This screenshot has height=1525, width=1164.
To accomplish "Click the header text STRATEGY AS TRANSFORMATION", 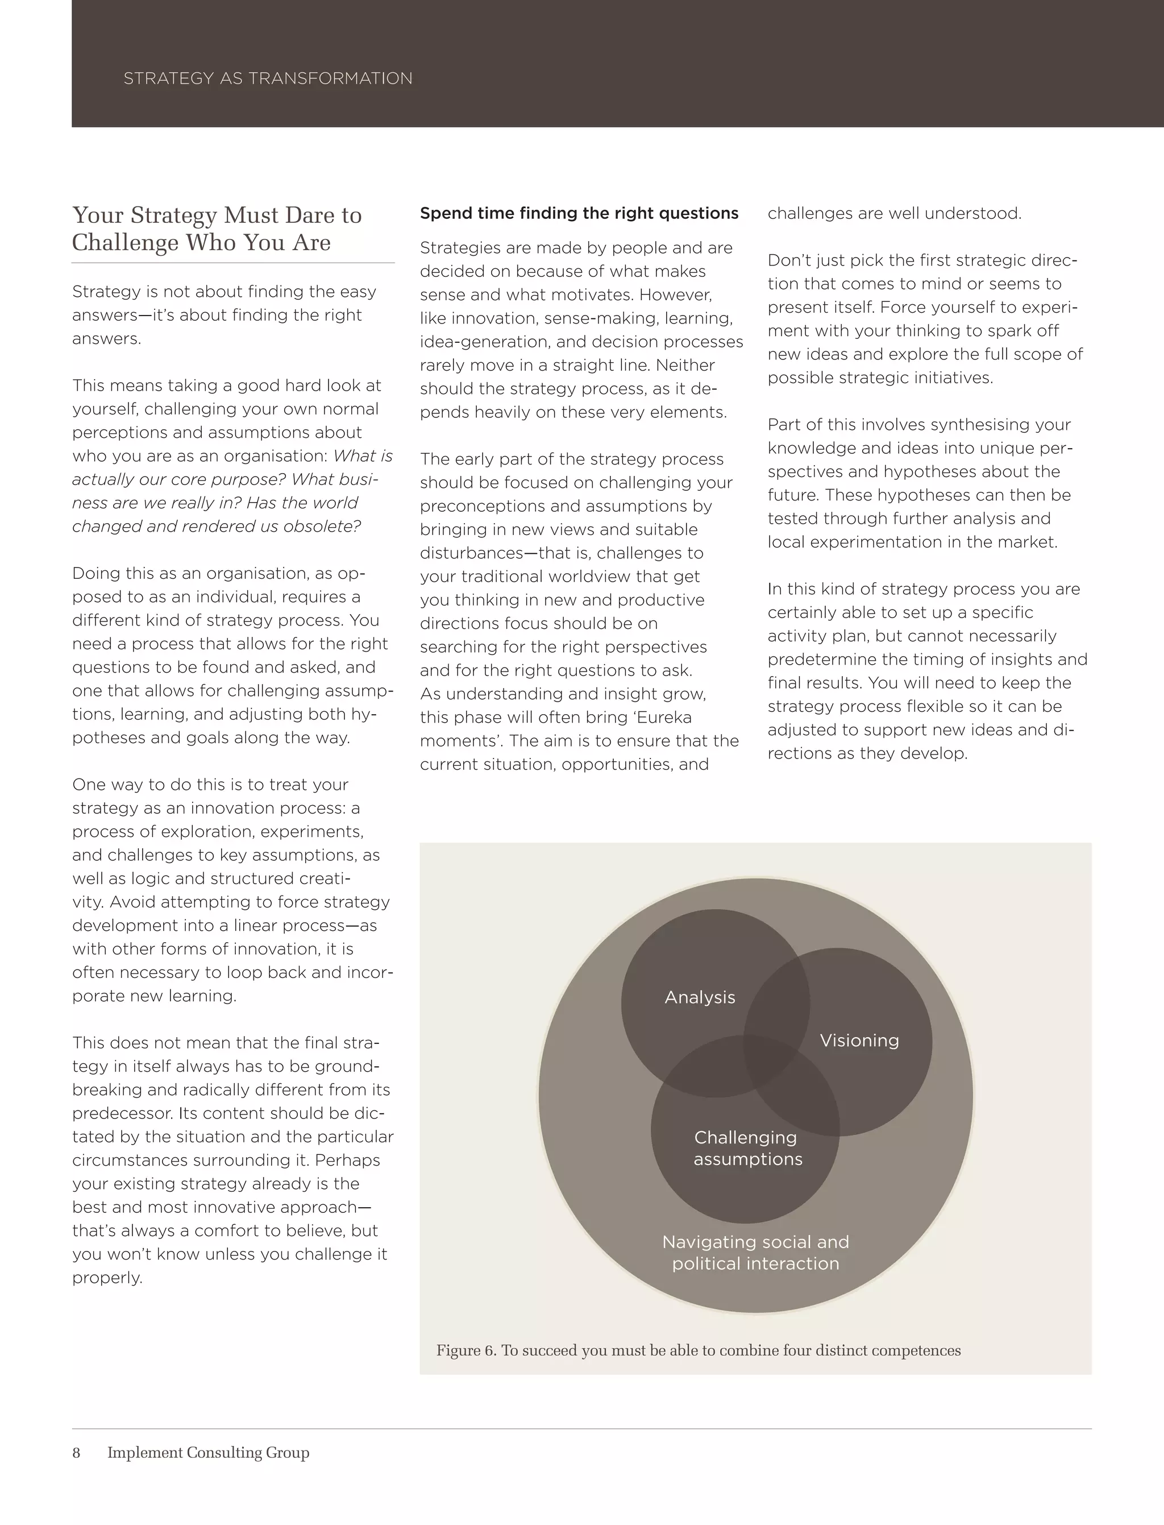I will tap(268, 78).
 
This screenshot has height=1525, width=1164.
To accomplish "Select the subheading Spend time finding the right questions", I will tap(579, 213).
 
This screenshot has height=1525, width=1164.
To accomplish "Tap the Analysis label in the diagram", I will tap(700, 997).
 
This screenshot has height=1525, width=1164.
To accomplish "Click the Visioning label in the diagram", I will tap(859, 1041).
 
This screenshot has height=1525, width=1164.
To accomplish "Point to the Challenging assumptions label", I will tap(747, 1148).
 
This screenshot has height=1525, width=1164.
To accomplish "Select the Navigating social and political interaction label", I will tap(755, 1253).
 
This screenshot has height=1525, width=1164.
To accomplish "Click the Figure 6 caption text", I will tap(698, 1350).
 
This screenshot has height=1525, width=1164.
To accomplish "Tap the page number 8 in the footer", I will tap(76, 1453).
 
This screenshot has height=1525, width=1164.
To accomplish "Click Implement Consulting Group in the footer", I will tap(208, 1453).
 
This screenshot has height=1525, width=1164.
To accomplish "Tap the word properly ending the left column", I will tap(107, 1278).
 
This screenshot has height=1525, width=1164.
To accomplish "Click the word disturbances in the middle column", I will tap(467, 553).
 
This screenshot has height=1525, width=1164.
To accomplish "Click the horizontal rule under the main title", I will tap(233, 263).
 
